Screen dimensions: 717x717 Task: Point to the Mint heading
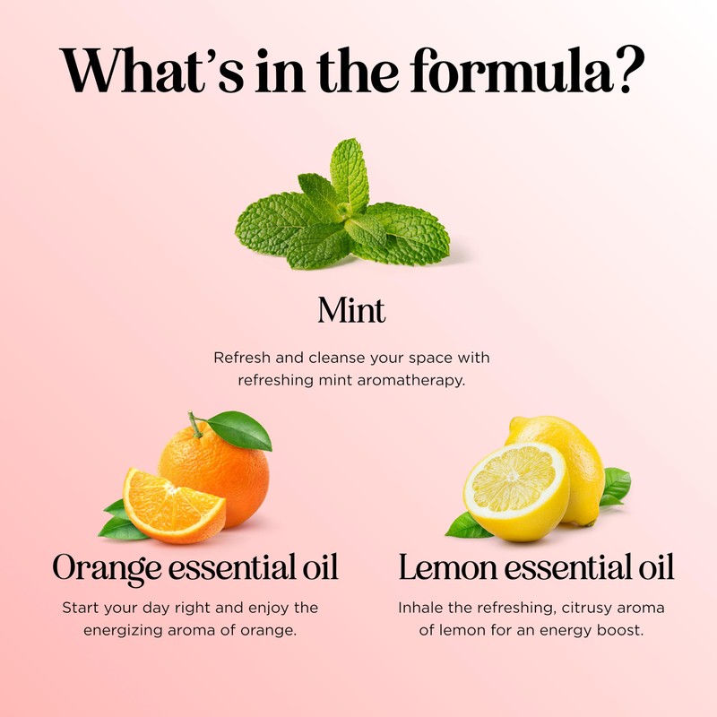pos(351,311)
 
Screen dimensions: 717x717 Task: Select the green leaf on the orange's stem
pos(240,430)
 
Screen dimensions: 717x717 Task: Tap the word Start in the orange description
pos(82,608)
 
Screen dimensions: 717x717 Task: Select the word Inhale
pos(422,608)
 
